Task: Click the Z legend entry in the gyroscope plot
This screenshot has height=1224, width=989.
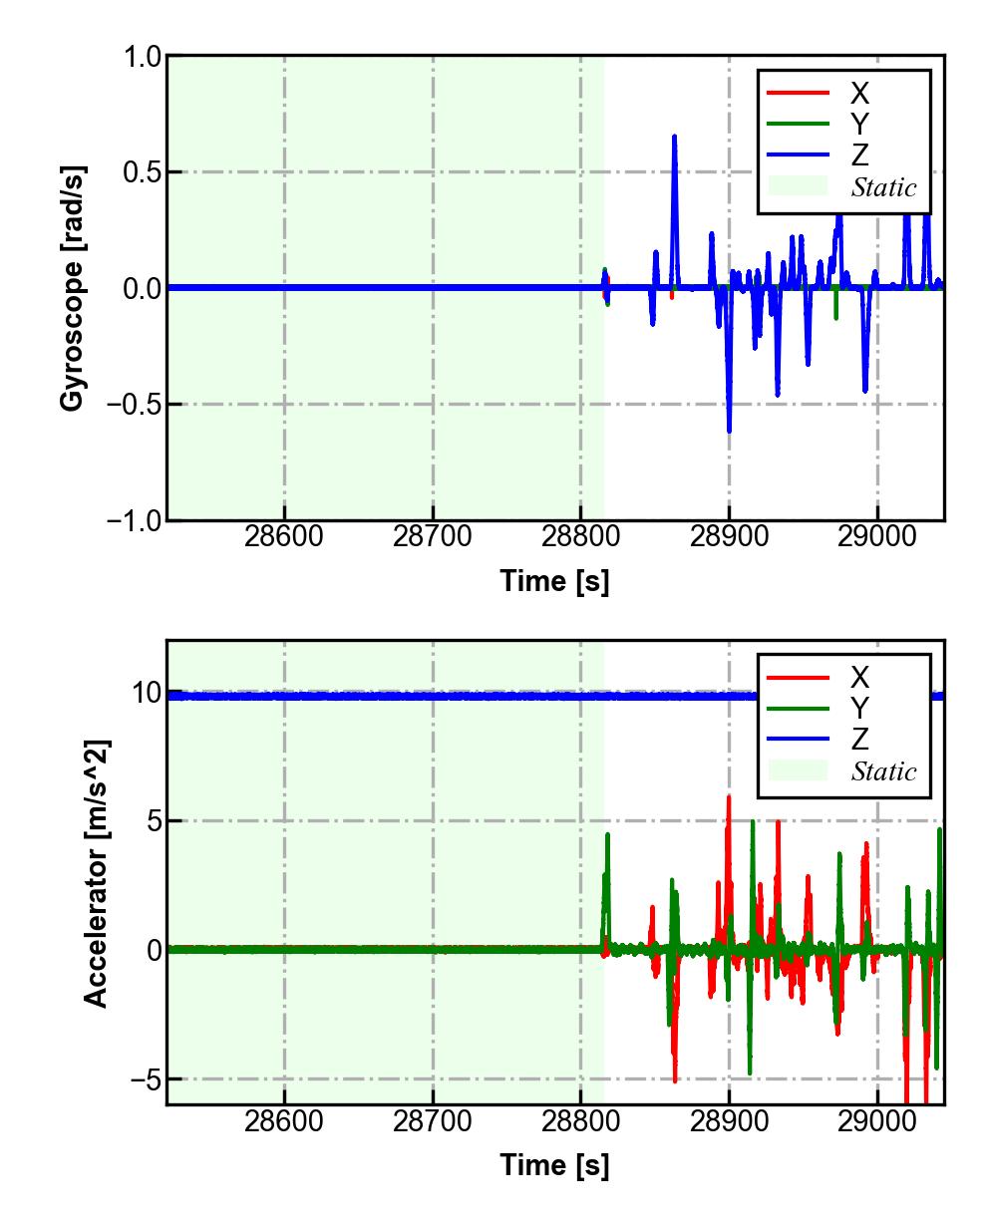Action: (858, 155)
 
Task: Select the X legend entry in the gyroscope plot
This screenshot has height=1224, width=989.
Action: (858, 93)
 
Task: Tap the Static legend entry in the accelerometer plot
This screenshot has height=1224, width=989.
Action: (883, 770)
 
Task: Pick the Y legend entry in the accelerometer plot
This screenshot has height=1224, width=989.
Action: (858, 708)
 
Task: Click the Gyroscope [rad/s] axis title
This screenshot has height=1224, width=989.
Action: (72, 287)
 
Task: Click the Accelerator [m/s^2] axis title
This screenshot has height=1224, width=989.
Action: (96, 873)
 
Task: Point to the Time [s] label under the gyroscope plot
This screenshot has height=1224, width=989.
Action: (554, 580)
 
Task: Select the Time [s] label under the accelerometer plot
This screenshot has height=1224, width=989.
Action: (554, 1164)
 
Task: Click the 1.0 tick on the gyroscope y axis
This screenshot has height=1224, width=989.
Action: (142, 57)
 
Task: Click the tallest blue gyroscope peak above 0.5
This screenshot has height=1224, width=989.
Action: (675, 138)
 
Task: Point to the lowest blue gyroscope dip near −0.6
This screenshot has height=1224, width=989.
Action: (729, 430)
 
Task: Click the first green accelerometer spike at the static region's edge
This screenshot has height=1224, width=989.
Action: (607, 836)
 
